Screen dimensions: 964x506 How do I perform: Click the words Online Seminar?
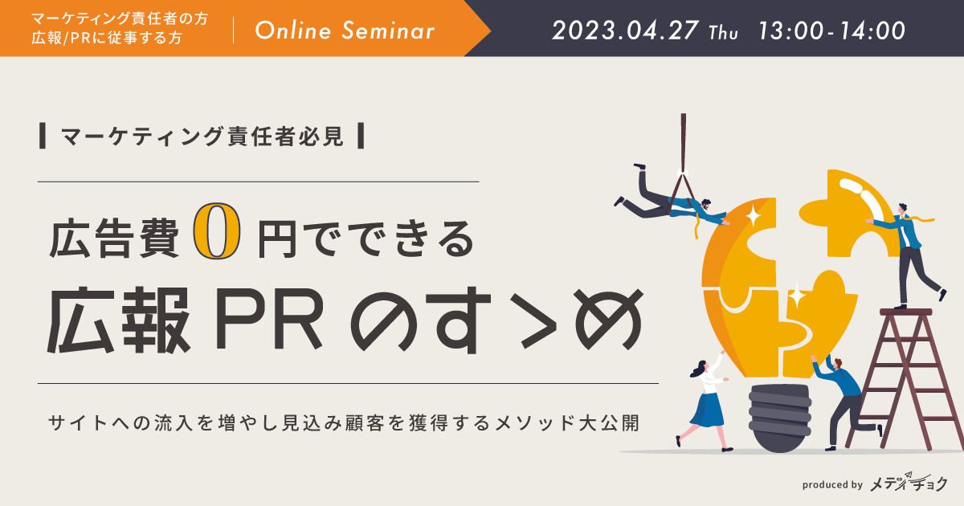point(345,31)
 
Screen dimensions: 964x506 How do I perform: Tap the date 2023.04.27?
point(625,31)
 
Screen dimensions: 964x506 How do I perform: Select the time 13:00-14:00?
point(831,31)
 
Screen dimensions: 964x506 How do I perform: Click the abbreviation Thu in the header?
point(723,33)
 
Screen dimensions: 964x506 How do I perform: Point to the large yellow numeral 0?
point(216,231)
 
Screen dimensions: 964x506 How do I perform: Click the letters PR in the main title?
point(269,320)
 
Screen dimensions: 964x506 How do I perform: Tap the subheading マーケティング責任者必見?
point(202,137)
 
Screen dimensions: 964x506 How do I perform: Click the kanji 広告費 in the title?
point(114,239)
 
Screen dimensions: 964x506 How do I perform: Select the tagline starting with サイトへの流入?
point(344,423)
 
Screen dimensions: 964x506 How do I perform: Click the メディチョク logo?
point(909,483)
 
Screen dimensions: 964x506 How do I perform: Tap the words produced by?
point(832,484)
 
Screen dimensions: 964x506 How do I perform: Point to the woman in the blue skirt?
point(706,400)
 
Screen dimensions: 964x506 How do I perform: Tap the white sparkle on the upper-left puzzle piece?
point(754,215)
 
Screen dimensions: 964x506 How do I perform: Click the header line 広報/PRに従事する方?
point(107,39)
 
